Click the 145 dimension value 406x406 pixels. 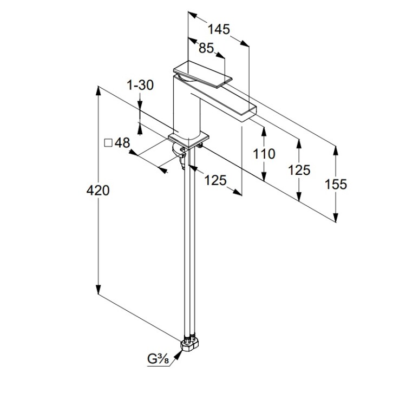(x=219, y=29)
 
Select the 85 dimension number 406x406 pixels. (x=206, y=48)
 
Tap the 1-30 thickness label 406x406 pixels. (x=140, y=85)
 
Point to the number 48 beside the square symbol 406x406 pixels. (x=122, y=143)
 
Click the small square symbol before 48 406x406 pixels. (x=108, y=143)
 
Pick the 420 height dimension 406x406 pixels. (x=99, y=191)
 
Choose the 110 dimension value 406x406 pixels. (x=264, y=154)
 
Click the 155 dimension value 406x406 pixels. (x=336, y=184)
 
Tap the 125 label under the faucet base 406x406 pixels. (x=215, y=180)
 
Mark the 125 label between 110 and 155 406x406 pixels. (x=299, y=170)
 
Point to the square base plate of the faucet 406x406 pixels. (x=188, y=137)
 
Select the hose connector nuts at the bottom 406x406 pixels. (x=191, y=343)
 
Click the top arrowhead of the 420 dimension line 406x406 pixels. (x=98, y=90)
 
